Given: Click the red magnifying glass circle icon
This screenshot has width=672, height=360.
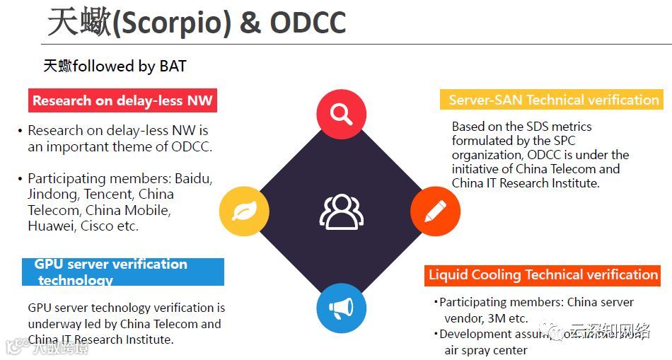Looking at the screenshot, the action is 341,113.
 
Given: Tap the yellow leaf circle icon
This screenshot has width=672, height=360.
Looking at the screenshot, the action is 244,211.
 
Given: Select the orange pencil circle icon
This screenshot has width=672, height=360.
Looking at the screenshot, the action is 435,211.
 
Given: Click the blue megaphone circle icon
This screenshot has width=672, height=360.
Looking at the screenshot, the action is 341,308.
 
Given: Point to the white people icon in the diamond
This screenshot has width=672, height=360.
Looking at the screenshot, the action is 341,211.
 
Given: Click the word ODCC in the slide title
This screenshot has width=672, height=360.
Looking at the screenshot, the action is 308,23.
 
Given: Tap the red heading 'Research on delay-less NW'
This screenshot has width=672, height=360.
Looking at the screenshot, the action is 122,100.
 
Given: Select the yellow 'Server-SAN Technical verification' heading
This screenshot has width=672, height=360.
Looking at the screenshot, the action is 553,100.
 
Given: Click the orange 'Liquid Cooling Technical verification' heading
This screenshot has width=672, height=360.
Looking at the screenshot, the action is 543,274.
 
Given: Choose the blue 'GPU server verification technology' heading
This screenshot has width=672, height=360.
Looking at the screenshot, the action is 123,272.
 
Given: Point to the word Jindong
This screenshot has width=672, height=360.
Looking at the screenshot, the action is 52,194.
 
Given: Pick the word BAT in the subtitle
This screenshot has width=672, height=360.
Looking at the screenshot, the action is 173,66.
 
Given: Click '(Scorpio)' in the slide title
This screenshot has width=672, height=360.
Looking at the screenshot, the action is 172,23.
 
